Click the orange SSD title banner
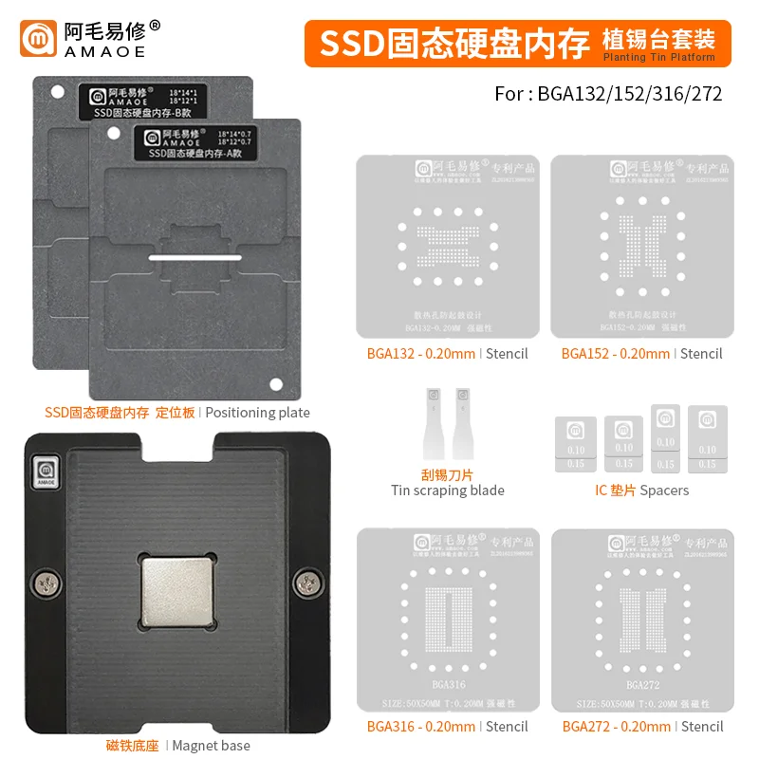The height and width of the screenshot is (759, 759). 517,43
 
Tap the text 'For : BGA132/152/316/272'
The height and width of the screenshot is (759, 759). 608,94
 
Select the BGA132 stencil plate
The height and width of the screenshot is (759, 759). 448,246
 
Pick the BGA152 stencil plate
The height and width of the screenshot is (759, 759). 641,246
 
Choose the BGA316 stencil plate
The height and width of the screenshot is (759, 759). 448,619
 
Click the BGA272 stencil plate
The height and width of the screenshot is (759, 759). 641,619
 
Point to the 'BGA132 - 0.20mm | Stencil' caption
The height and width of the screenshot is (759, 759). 447,354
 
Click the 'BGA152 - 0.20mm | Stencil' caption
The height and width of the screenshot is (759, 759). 641,354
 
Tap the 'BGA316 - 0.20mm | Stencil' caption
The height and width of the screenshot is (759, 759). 447,727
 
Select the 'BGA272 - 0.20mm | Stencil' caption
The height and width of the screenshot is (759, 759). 642,727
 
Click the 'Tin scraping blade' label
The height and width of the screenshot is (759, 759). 448,491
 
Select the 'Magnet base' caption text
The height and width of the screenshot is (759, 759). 211,746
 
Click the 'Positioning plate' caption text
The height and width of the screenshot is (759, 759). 257,413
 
